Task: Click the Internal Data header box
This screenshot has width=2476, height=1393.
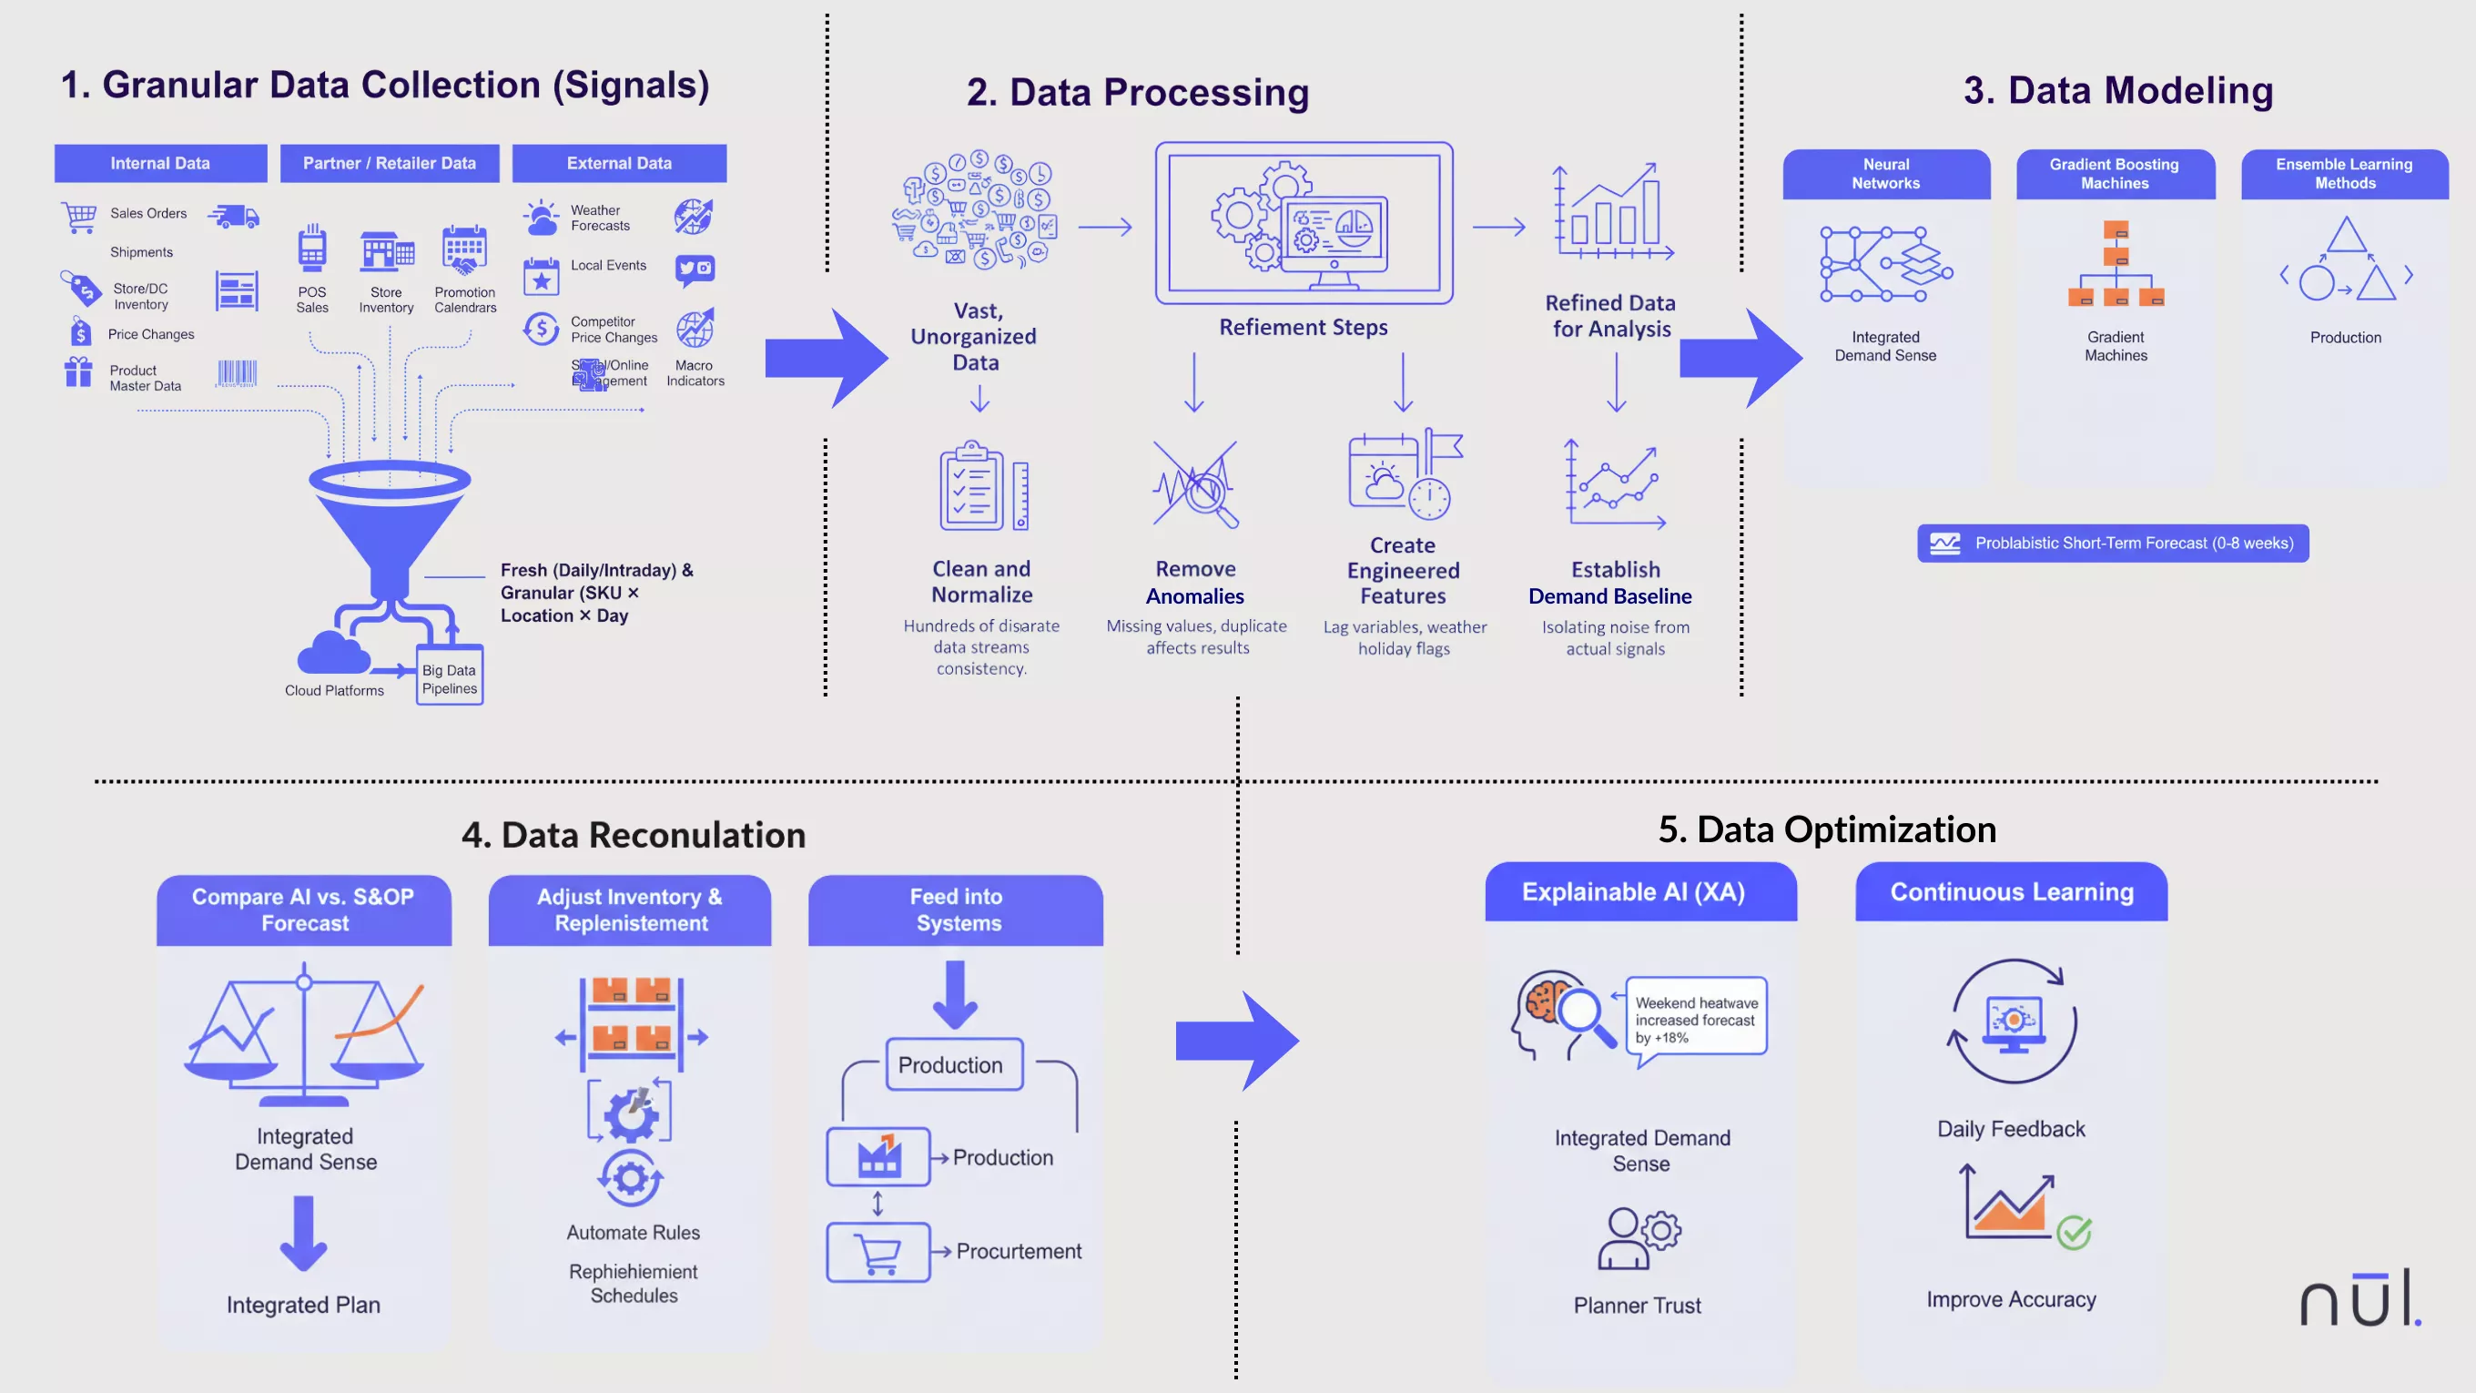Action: (160, 164)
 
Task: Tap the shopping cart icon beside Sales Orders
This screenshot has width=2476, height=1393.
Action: (79, 217)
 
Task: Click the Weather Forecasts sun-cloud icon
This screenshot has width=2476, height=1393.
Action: (541, 219)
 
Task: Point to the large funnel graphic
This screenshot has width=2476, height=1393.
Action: (390, 524)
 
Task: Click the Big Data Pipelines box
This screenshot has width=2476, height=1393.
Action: (449, 678)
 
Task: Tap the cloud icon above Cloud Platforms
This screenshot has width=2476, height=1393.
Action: (332, 654)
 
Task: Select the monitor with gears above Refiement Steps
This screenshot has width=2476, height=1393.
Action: (1304, 224)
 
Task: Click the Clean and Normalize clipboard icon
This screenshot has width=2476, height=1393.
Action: (974, 487)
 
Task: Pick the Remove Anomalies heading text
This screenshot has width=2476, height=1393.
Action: (1194, 583)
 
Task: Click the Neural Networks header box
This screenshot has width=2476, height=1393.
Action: (1885, 174)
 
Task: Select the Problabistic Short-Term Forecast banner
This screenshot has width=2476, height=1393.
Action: (2113, 544)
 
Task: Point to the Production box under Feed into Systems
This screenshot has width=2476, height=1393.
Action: (953, 1065)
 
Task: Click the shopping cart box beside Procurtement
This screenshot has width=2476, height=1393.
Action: (878, 1252)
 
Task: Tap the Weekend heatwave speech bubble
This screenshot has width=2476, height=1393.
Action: (1697, 1020)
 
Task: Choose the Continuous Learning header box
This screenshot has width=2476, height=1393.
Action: (2011, 892)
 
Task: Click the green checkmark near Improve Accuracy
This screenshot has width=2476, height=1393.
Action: (2075, 1232)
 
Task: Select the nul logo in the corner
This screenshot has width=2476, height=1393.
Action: (2359, 1300)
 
